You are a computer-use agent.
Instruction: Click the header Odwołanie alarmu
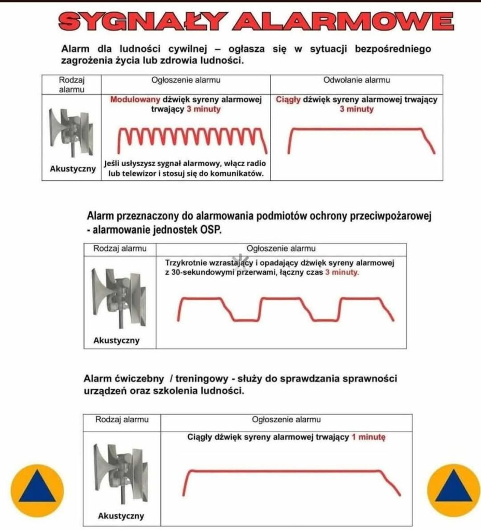point(357,80)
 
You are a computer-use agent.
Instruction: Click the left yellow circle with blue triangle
point(37,490)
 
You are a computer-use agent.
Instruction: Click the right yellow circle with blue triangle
point(453,490)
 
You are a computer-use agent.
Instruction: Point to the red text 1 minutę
point(369,437)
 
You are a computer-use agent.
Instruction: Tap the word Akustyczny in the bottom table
point(121,516)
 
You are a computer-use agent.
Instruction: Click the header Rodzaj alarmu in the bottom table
point(122,419)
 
